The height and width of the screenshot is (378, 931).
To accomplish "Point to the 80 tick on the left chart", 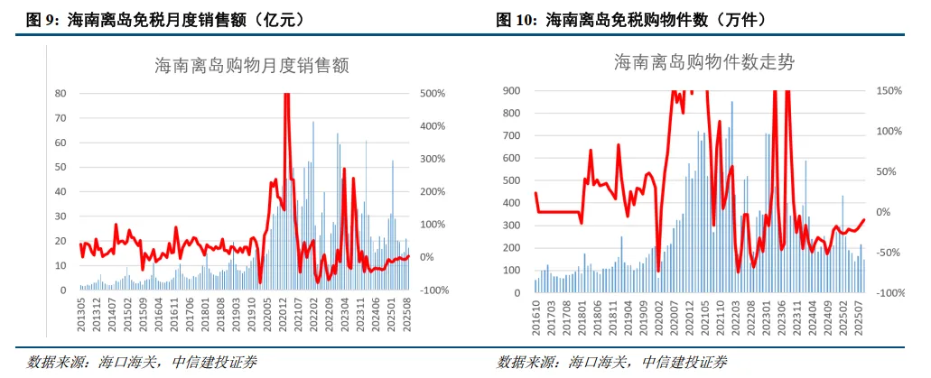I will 61,93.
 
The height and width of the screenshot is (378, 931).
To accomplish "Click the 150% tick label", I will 890,90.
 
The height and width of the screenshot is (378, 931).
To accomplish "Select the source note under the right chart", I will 612,362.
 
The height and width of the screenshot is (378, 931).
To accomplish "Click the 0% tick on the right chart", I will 886,212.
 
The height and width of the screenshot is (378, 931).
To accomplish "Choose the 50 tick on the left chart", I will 61,167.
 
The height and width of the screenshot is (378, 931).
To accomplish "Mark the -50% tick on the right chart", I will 889,253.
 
